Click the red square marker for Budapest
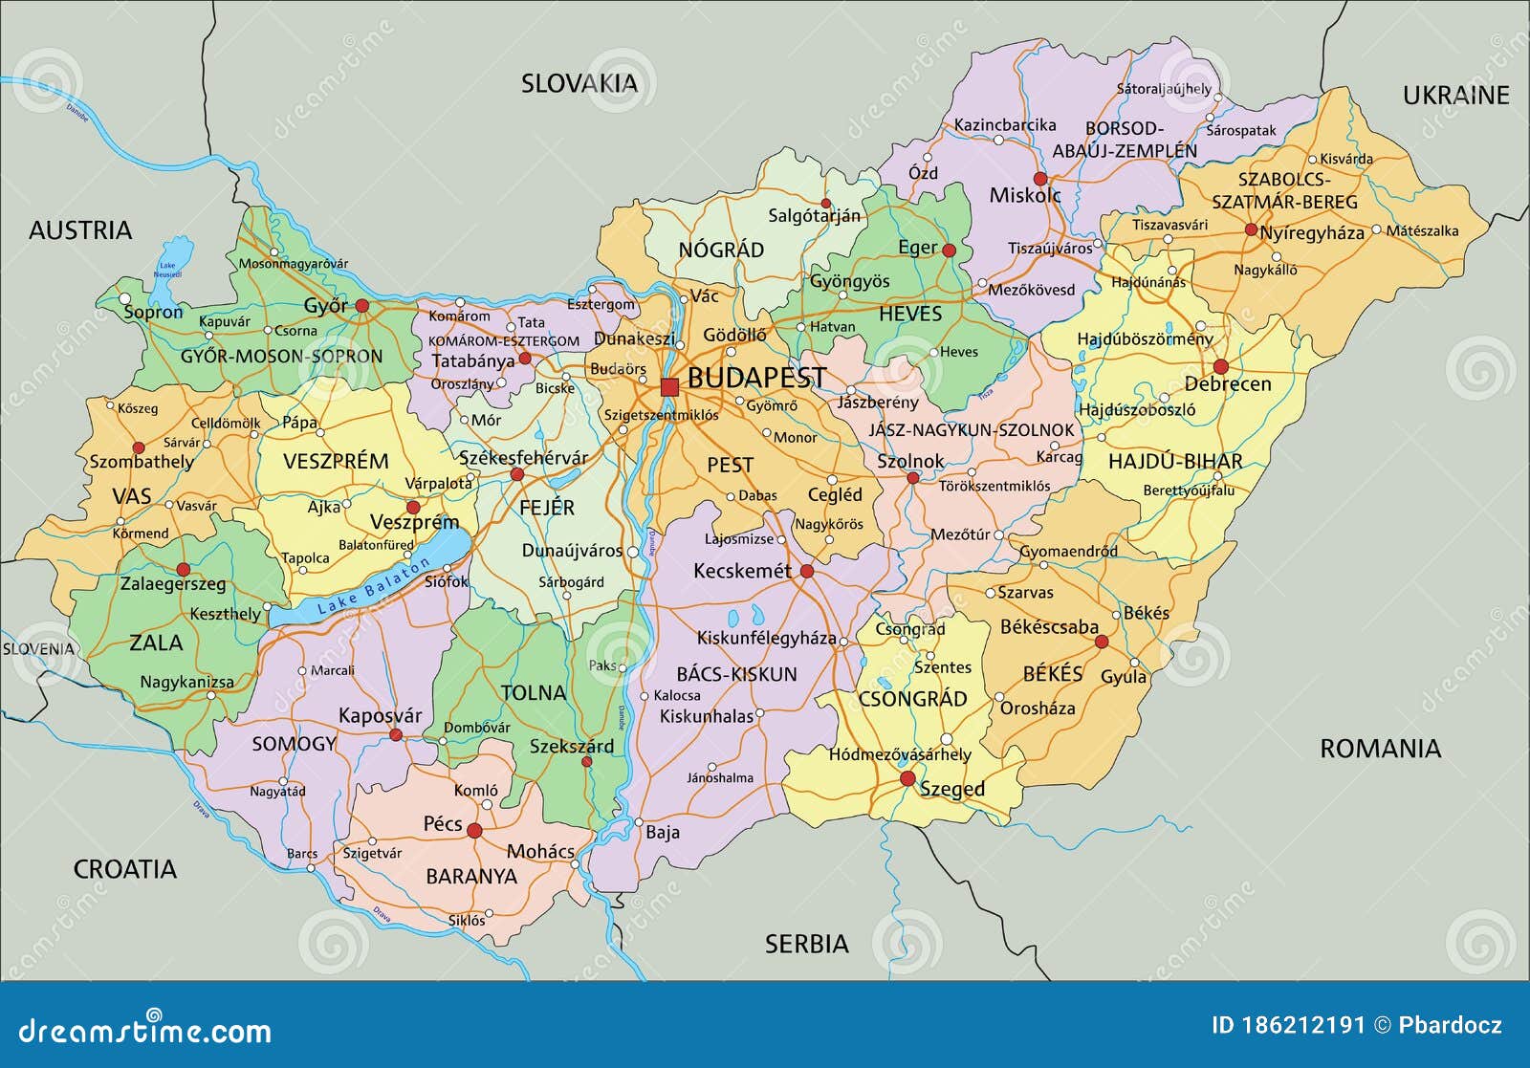[x=669, y=387]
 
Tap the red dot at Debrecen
[x=1220, y=366]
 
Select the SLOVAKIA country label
[x=579, y=84]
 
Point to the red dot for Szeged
[x=907, y=779]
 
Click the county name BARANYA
[x=471, y=876]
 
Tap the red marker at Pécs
[x=474, y=831]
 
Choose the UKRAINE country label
[x=1455, y=95]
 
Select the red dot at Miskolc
[x=1040, y=179]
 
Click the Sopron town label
[x=153, y=312]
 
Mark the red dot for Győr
[x=362, y=306]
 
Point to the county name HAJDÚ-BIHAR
[x=1175, y=462]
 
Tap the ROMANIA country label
[x=1380, y=749]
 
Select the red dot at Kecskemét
[x=807, y=572]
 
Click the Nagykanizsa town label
[x=187, y=683]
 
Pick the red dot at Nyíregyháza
[x=1251, y=229]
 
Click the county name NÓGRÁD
[x=721, y=251]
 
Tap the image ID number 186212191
[x=1302, y=1026]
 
